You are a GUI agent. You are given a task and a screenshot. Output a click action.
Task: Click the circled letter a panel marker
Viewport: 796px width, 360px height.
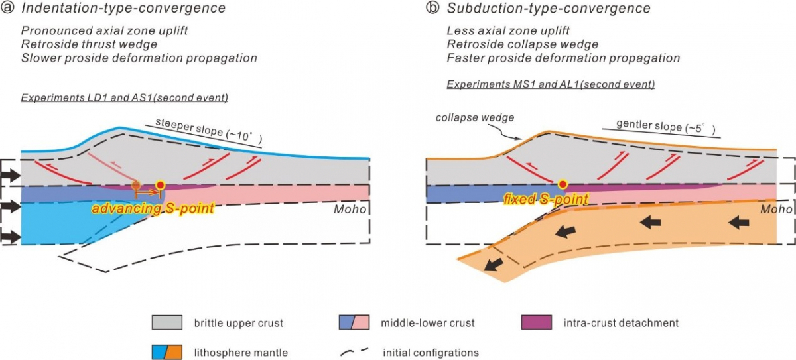click(x=9, y=9)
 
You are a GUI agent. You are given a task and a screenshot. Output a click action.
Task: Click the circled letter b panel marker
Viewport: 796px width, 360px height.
click(x=432, y=9)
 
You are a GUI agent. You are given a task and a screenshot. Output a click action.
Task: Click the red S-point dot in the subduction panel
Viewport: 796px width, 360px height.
click(x=563, y=184)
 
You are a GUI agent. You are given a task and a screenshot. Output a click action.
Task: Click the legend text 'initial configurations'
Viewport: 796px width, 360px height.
click(x=431, y=352)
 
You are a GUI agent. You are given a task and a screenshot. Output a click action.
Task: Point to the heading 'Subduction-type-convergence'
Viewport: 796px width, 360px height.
click(x=549, y=9)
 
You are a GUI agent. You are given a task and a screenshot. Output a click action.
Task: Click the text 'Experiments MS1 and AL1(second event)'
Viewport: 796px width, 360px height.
click(x=551, y=84)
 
